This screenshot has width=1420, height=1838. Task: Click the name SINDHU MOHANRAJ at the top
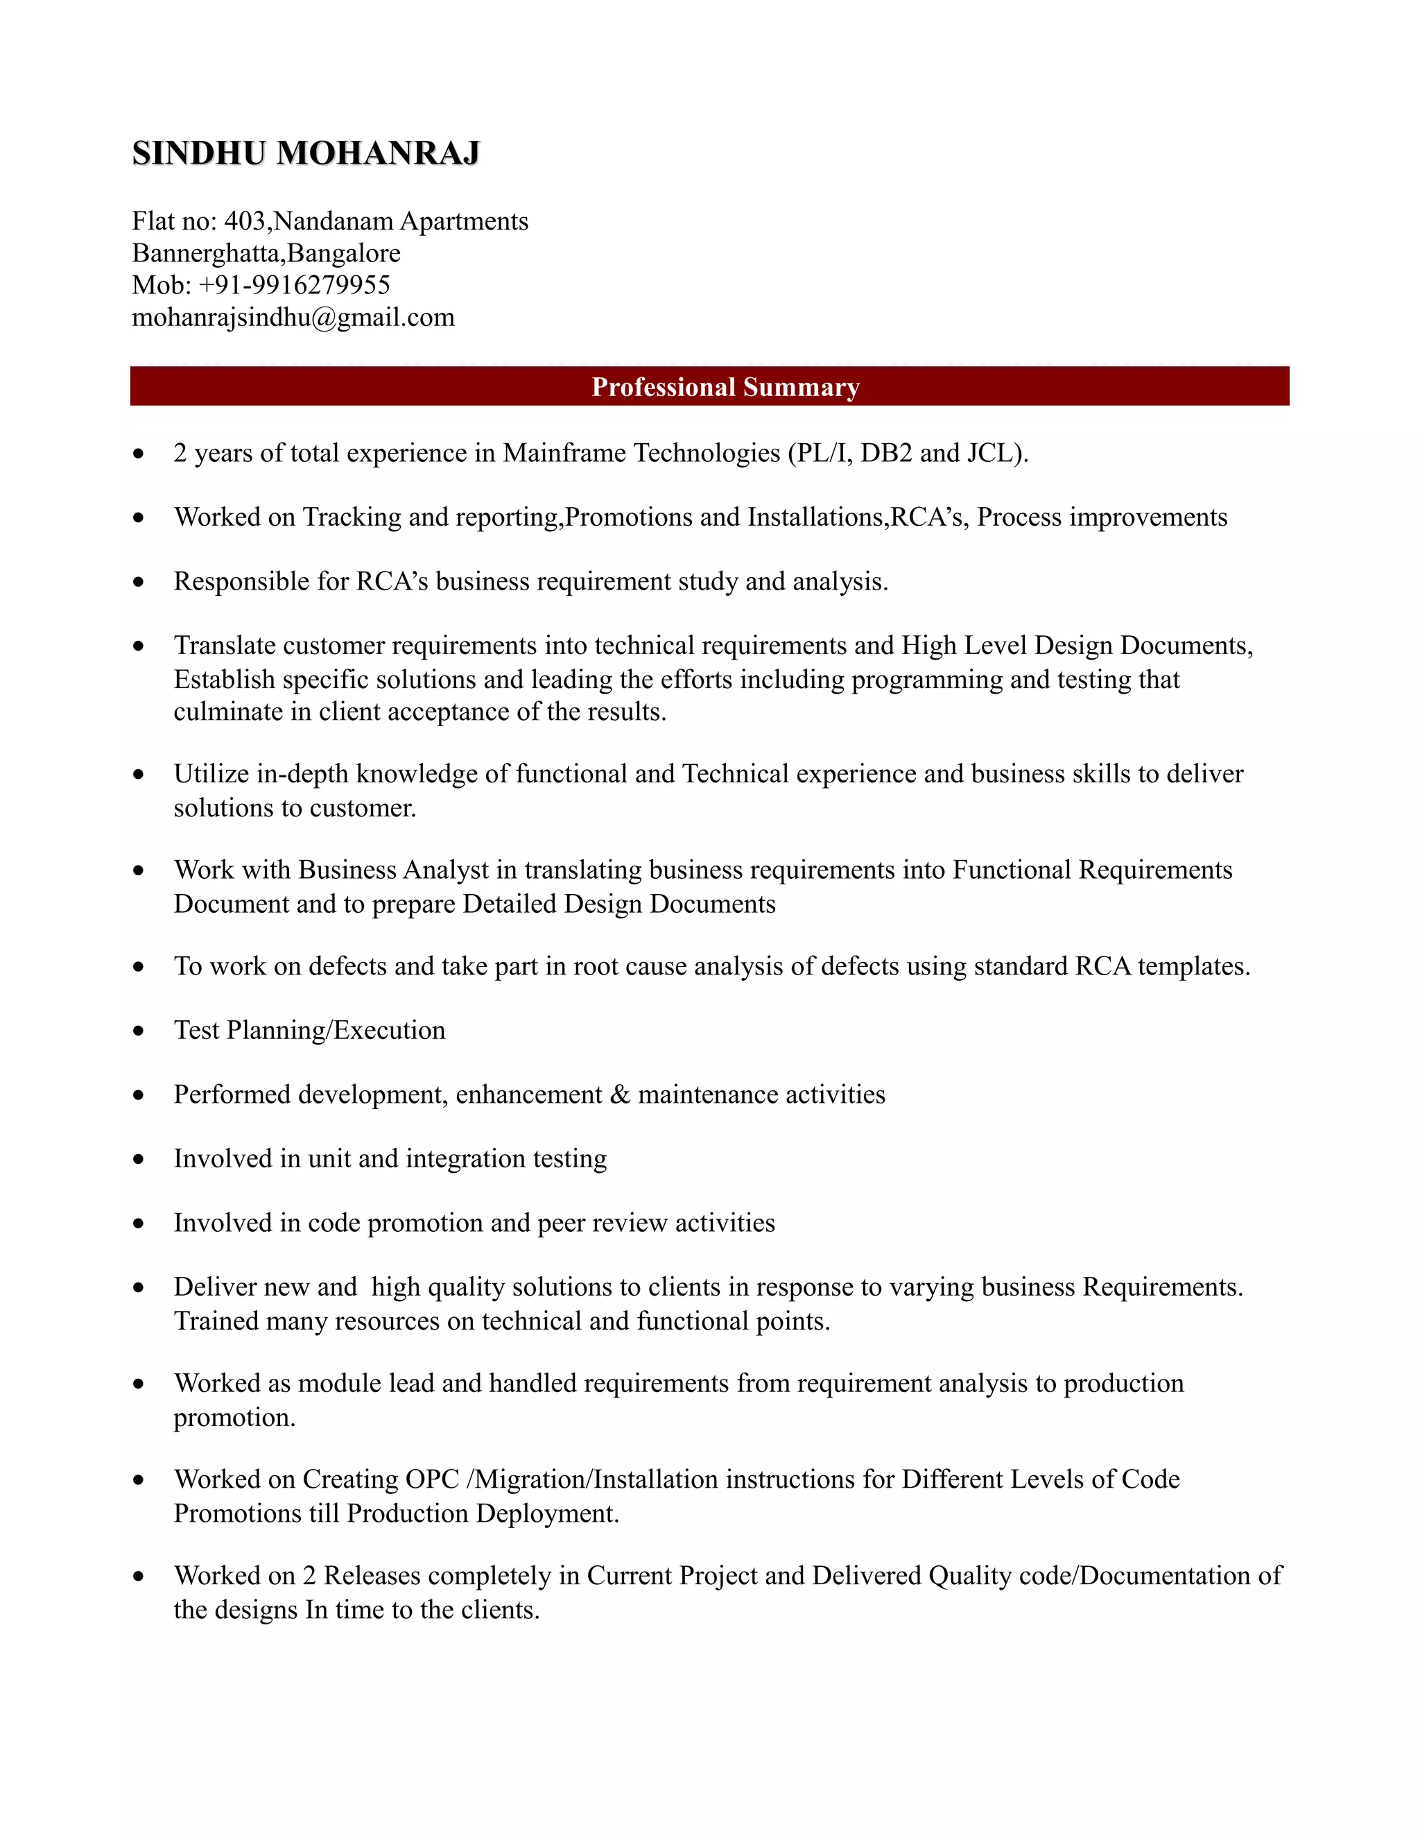point(306,153)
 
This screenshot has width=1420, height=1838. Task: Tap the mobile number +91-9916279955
point(295,285)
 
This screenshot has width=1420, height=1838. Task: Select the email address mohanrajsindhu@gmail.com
point(293,317)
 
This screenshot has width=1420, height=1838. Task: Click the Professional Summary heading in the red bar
point(725,387)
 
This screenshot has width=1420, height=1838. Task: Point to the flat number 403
point(245,221)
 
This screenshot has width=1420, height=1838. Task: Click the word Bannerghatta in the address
point(207,253)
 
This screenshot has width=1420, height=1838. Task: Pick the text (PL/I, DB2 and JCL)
point(908,454)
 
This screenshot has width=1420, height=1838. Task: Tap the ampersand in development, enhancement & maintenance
point(620,1095)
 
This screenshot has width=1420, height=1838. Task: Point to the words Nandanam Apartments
point(401,221)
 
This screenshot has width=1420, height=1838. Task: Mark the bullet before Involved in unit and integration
point(139,1160)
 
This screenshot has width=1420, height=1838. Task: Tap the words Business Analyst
point(393,870)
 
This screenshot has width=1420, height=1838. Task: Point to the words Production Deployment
point(482,1514)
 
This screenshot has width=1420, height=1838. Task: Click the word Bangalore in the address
point(344,253)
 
